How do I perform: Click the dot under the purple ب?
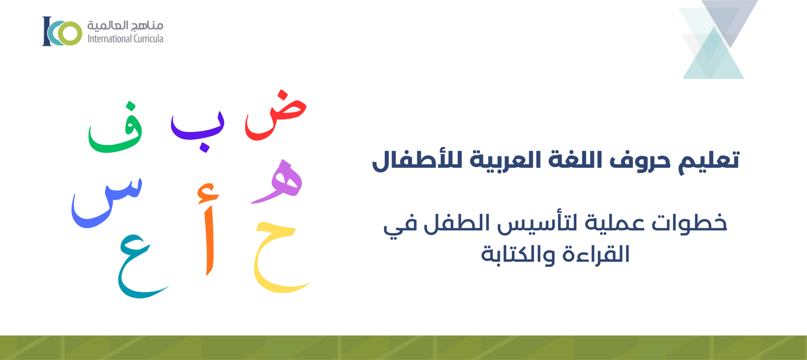pos(204,147)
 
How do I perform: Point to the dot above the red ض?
pos(283,95)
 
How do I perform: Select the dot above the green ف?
pos(131,106)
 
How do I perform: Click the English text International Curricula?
pos(125,39)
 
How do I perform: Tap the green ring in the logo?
pos(70,33)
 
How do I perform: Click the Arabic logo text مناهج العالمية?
pos(125,25)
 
